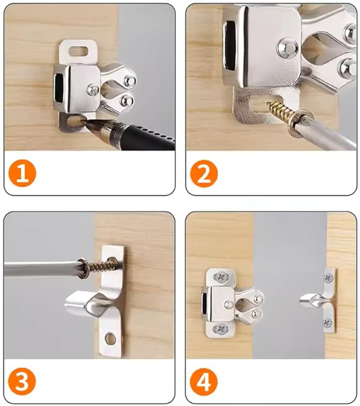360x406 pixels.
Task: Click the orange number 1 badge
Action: point(22,174)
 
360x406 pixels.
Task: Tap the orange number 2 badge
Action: point(204,174)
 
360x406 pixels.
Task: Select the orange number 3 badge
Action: point(22,381)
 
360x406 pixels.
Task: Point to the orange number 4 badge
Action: point(204,381)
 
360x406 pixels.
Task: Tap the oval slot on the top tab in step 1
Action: point(78,52)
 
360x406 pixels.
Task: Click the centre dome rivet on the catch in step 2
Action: point(287,48)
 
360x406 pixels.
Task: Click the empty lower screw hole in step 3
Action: point(110,338)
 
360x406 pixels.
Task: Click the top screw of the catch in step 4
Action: point(221,277)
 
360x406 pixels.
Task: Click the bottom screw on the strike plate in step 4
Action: point(329,322)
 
